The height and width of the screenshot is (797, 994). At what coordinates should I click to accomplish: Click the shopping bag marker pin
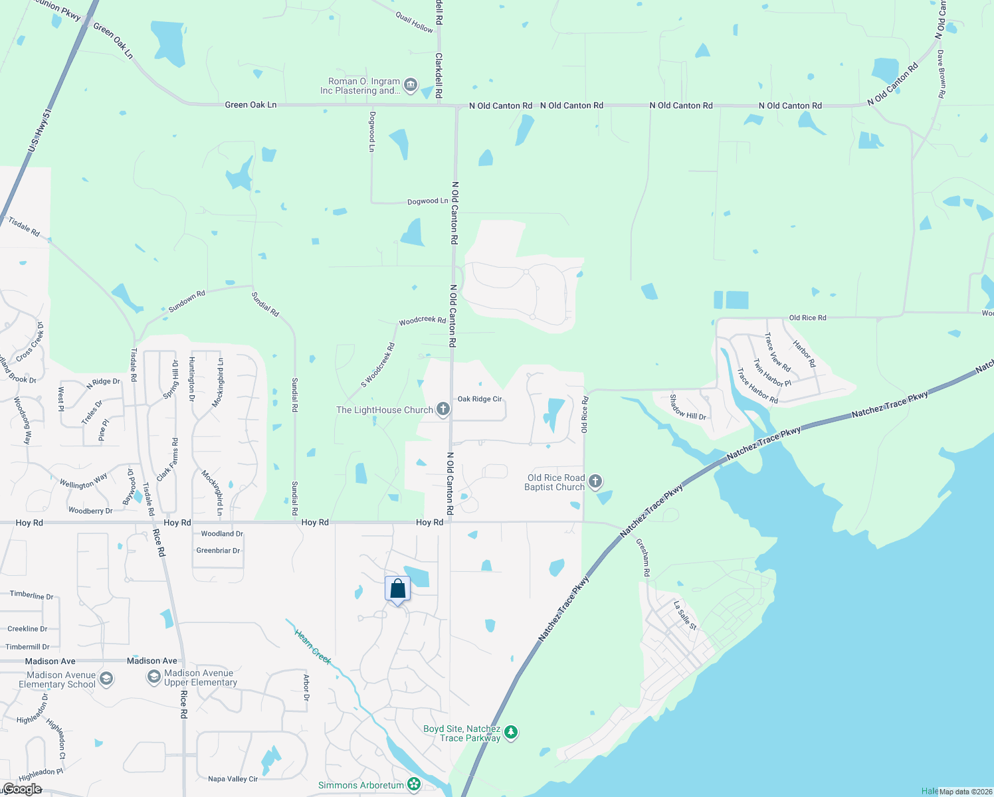click(x=397, y=589)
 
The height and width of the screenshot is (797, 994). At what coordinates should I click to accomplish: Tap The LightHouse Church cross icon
click(x=443, y=410)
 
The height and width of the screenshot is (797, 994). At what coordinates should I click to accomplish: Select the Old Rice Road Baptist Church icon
click(x=595, y=482)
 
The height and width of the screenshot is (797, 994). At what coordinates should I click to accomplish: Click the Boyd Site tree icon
click(x=510, y=733)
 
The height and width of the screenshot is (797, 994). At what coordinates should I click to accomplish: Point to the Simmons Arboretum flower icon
click(x=414, y=785)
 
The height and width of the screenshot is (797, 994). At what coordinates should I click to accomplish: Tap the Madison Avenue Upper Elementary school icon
click(x=153, y=677)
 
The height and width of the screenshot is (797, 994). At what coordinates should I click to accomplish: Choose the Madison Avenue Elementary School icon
click(x=106, y=679)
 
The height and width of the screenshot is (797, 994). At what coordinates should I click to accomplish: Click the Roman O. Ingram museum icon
click(x=410, y=85)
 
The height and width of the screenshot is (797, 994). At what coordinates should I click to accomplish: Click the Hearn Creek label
click(x=313, y=646)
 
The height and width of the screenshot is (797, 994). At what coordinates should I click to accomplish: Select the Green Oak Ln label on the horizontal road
click(x=250, y=105)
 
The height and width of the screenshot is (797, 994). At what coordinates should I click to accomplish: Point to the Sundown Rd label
click(x=187, y=302)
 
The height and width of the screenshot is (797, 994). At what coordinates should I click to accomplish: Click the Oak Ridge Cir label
click(x=480, y=399)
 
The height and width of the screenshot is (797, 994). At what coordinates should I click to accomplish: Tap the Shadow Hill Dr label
click(x=687, y=407)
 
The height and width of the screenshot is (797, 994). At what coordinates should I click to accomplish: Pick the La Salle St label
click(x=685, y=616)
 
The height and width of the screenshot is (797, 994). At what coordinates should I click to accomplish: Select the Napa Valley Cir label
click(x=233, y=779)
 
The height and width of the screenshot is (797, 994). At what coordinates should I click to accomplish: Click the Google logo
click(x=22, y=789)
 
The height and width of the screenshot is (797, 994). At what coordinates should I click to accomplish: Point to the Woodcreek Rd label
click(x=422, y=321)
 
